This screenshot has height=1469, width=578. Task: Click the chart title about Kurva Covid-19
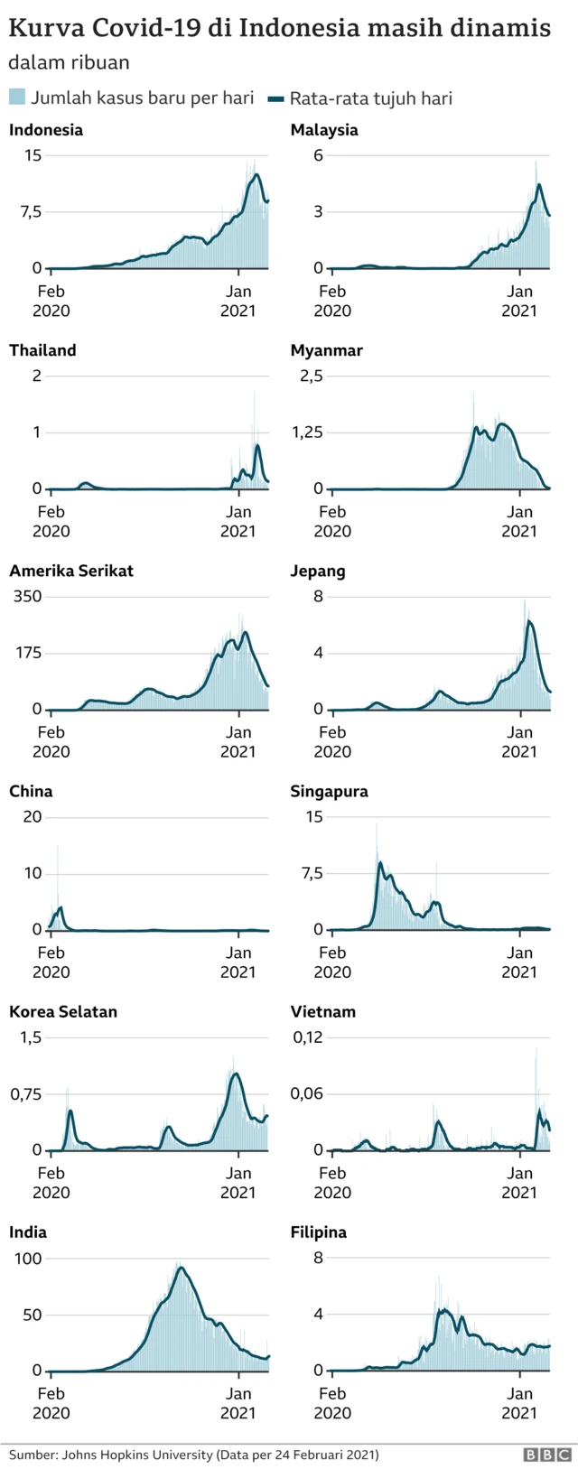click(x=279, y=28)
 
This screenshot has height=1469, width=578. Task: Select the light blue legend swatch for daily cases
click(x=16, y=98)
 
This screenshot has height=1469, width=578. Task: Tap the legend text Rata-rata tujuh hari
click(x=370, y=98)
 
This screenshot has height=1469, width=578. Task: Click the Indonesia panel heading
click(x=46, y=130)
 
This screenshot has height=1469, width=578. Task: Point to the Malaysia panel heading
click(x=324, y=130)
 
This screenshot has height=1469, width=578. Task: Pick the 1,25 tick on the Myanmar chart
click(x=308, y=432)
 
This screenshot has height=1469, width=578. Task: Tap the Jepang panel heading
click(x=318, y=572)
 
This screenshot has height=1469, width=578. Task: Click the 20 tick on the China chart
click(x=33, y=817)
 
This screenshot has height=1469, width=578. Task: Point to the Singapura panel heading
click(x=330, y=792)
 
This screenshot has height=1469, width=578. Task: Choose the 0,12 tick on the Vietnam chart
click(x=307, y=1037)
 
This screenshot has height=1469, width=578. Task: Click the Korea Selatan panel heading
click(x=63, y=1012)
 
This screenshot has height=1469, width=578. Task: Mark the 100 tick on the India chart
click(x=30, y=1258)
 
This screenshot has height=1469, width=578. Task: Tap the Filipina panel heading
click(x=319, y=1232)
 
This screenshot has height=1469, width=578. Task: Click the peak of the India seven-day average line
click(x=182, y=1268)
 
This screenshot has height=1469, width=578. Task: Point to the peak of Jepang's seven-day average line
click(x=528, y=620)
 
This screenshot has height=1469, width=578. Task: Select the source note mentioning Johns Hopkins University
click(x=194, y=1455)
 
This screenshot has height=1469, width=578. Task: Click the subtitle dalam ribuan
click(x=69, y=63)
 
